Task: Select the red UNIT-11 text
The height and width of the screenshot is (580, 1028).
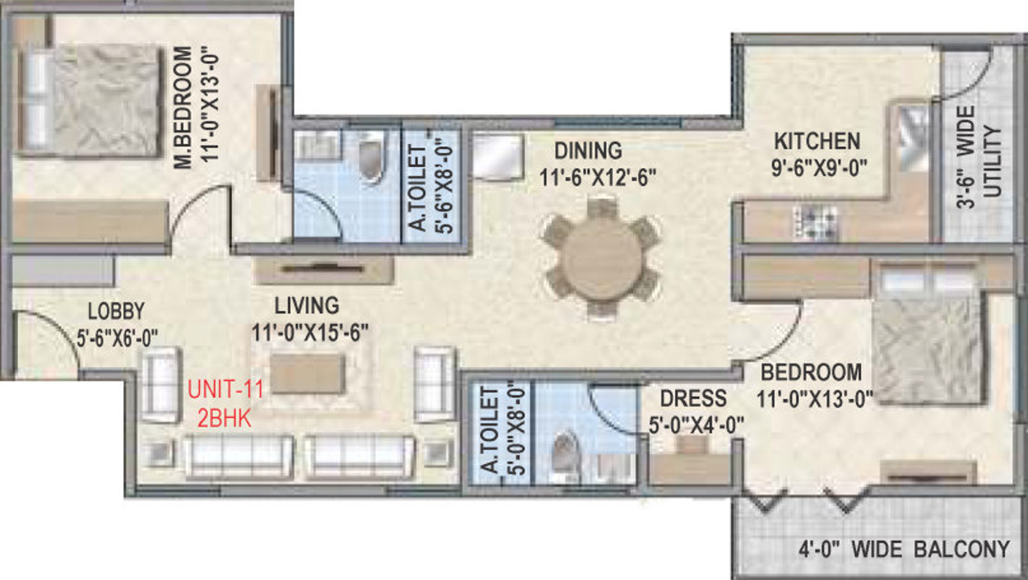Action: pos(225,390)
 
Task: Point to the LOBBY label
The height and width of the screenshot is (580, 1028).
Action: pos(116,311)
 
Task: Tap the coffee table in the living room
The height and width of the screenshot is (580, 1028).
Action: pos(307,373)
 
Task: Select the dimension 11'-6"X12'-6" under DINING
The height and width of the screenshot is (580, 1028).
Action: pos(598,177)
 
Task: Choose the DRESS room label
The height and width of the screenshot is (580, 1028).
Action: pos(693,399)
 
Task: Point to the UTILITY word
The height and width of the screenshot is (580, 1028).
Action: pos(993,161)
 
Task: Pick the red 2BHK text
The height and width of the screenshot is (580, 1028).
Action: pos(225,416)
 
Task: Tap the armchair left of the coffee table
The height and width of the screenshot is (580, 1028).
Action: pos(160,384)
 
